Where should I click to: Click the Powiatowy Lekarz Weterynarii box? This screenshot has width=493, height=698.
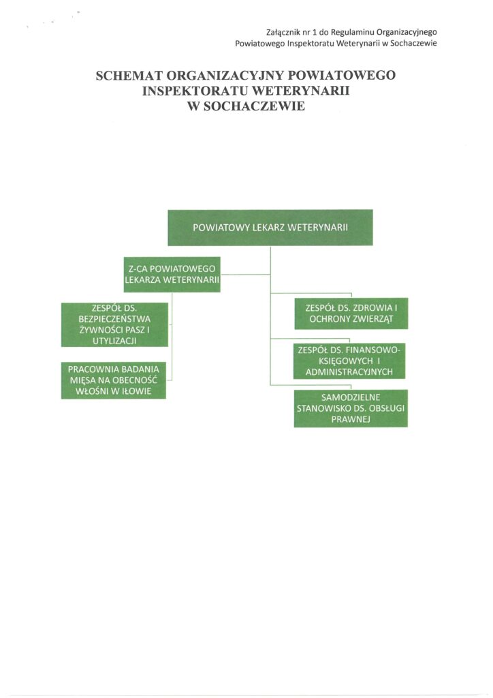270,228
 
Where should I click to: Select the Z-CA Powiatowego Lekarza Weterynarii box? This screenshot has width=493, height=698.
172,274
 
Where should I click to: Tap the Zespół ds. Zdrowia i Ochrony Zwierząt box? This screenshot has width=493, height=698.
351,314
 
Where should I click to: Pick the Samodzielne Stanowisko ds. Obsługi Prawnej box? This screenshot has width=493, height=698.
351,408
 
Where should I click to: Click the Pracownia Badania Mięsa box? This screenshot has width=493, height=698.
114,380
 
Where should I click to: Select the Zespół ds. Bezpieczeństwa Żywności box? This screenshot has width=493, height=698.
114,324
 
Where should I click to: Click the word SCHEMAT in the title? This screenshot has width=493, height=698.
131,75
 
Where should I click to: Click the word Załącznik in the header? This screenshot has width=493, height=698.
283,31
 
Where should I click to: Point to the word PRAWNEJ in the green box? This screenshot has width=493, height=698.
351,421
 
